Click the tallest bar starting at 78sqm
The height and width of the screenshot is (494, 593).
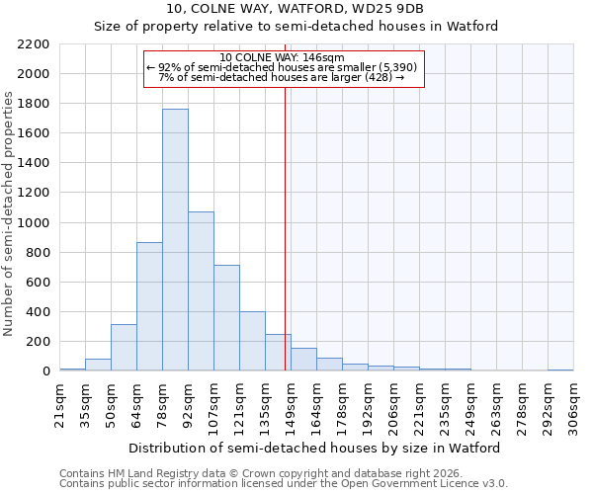click(175, 240)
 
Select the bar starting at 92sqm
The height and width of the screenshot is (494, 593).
click(201, 291)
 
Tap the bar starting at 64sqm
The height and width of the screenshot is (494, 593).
click(149, 306)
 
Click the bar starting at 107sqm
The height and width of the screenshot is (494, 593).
click(226, 318)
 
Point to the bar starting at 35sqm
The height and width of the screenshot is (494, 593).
click(98, 365)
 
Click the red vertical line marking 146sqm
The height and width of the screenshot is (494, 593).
click(286, 227)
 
